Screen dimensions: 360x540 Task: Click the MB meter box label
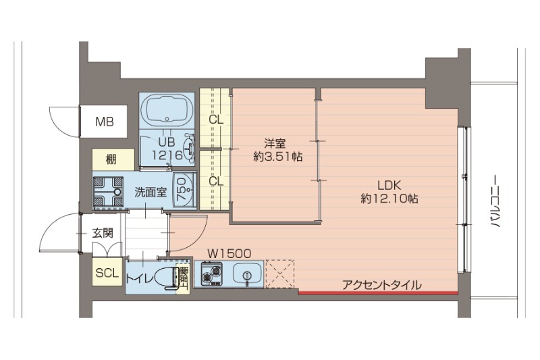(x=104, y=122)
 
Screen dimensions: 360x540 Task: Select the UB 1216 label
(x=167, y=149)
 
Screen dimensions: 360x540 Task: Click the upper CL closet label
(x=216, y=121)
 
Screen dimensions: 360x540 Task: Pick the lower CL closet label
(x=216, y=181)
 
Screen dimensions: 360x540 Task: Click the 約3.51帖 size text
(x=277, y=157)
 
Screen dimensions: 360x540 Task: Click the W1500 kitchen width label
(x=229, y=253)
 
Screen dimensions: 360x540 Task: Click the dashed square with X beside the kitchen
(x=279, y=273)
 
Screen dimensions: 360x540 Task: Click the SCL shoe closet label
(x=107, y=274)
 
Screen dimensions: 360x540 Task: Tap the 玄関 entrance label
(x=103, y=234)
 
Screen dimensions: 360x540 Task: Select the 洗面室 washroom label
(x=151, y=192)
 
